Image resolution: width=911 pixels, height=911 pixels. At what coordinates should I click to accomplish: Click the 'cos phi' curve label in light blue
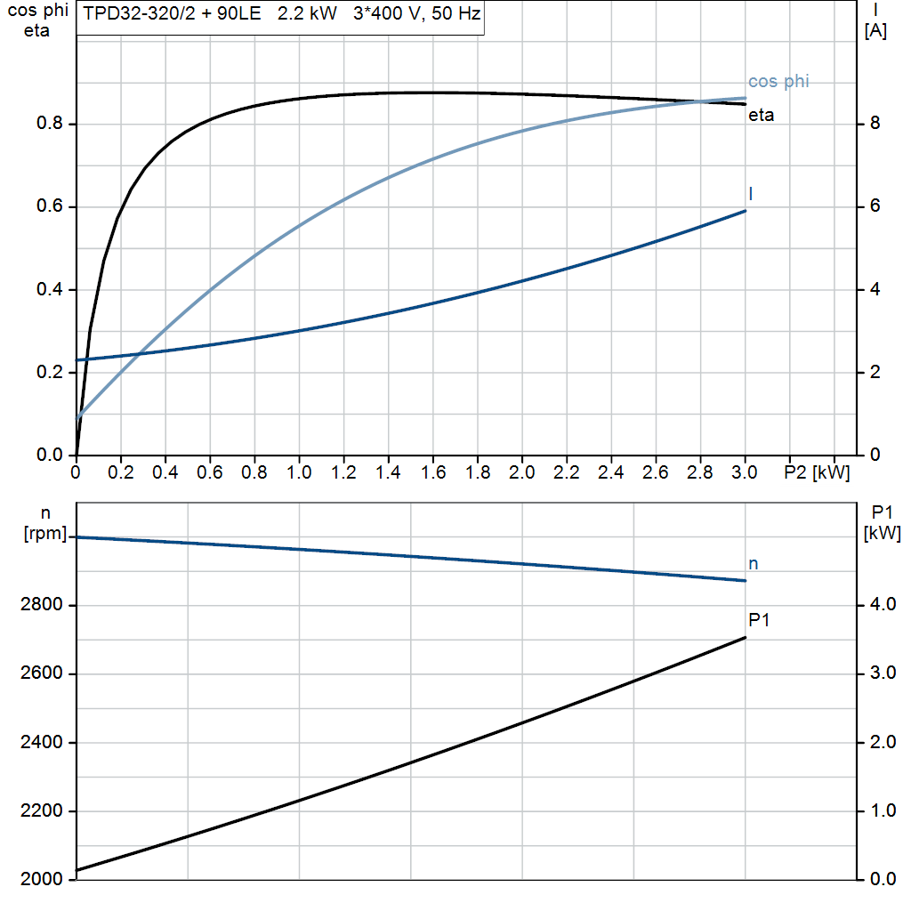click(778, 82)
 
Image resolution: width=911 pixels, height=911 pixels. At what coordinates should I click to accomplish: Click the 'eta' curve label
click(761, 115)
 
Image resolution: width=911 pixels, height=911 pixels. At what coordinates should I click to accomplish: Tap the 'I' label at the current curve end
click(752, 193)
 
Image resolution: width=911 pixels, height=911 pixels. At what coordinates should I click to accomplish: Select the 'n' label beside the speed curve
click(753, 563)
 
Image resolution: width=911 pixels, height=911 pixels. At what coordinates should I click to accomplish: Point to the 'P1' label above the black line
click(758, 620)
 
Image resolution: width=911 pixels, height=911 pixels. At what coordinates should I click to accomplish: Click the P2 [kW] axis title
click(817, 473)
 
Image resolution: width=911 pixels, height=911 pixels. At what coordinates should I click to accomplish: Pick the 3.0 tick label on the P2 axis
click(744, 473)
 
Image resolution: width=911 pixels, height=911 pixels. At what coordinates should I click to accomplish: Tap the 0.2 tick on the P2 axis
click(120, 473)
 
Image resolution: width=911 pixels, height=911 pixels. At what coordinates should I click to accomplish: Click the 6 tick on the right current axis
click(875, 206)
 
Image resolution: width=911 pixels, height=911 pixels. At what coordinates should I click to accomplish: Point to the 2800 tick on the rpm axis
click(41, 606)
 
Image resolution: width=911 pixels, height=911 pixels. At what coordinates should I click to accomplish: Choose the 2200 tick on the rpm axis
click(41, 811)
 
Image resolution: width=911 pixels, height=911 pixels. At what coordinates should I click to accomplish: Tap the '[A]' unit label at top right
click(875, 31)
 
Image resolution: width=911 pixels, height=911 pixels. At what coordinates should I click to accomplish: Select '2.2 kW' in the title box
click(307, 15)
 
